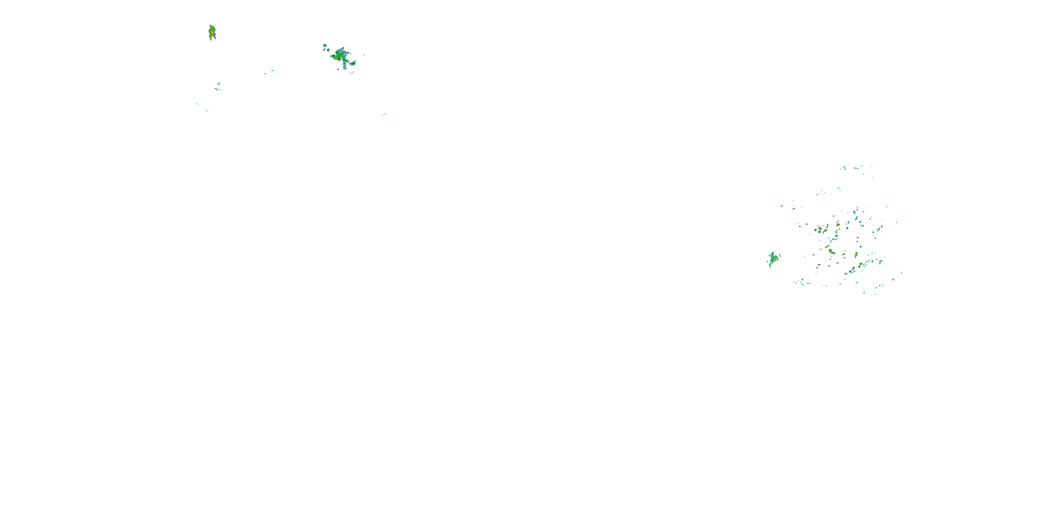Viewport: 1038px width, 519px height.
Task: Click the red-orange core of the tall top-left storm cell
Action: click(x=211, y=31)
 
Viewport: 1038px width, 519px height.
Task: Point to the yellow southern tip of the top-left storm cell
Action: click(x=210, y=39)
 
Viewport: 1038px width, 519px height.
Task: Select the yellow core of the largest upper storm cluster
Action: click(x=336, y=57)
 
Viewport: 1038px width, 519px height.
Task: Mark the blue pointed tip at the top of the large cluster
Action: click(x=343, y=48)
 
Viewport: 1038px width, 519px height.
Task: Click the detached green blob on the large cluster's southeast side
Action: click(x=353, y=63)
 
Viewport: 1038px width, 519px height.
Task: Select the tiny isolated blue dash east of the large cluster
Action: click(x=364, y=54)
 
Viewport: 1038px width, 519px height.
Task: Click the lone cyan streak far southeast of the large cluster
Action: click(x=384, y=115)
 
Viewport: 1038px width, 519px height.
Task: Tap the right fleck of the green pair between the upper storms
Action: click(x=272, y=71)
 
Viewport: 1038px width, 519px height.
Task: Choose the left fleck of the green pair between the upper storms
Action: click(x=265, y=73)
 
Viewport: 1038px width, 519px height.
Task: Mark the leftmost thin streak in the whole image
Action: click(x=197, y=103)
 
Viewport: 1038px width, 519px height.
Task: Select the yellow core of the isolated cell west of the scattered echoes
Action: click(x=773, y=259)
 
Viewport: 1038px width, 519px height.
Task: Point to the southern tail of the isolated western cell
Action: click(x=770, y=265)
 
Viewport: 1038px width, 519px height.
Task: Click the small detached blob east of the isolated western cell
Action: click(x=780, y=257)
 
